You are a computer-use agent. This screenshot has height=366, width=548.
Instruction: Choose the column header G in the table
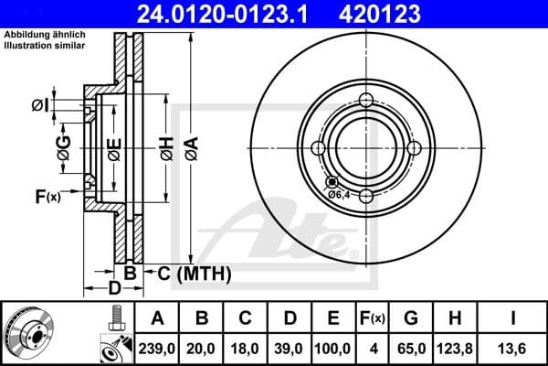tap(410, 318)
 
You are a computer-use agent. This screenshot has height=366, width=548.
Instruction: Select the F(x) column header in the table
tap(371, 318)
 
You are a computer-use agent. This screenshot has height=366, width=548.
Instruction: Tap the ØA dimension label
tap(190, 147)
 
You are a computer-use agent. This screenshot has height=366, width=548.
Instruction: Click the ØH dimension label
tap(165, 147)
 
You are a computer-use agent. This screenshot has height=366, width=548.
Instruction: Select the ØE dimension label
tap(113, 147)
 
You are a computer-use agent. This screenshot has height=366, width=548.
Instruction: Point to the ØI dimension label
tap(39, 106)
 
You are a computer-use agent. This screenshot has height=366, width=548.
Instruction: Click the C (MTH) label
tap(194, 274)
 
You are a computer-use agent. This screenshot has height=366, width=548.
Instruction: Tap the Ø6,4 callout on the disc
tap(339, 193)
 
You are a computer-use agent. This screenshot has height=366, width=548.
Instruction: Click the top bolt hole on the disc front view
tap(366, 101)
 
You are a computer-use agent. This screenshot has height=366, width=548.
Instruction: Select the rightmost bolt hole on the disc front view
tap(414, 148)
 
